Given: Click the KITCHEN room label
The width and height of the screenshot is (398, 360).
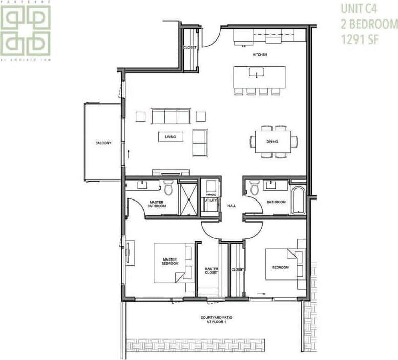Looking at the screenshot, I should [260, 55].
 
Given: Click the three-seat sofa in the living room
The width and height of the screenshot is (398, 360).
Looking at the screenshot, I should [171, 116].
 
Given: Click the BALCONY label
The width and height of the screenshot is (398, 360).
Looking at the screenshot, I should [103, 143].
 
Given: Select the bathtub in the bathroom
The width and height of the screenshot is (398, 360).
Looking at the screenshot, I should [298, 202].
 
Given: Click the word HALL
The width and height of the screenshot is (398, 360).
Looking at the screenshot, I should [232, 206].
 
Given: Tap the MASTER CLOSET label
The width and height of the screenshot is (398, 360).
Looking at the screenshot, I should [212, 270].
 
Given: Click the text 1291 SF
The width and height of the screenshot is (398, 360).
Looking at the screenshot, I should [362, 39].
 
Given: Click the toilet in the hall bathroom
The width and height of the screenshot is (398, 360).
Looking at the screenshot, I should [255, 188].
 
